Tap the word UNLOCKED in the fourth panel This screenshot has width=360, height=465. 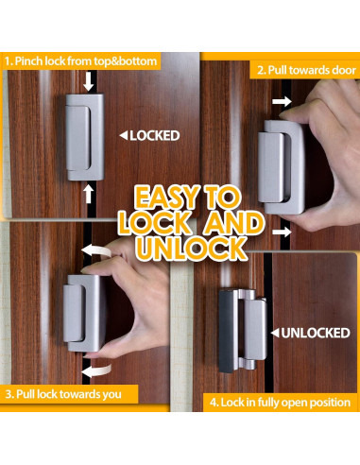[x=317, y=333]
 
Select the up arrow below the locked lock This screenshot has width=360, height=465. [x=89, y=194]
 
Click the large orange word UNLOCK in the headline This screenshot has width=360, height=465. [x=180, y=250]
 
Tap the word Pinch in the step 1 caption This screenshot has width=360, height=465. [x=35, y=61]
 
